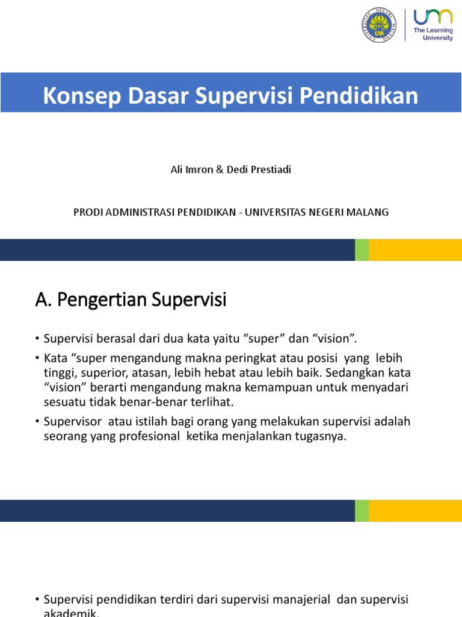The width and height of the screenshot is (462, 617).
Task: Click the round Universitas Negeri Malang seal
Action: [379, 25]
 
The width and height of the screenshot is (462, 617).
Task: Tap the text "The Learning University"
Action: [433, 33]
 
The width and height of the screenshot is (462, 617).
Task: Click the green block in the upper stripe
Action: [362, 249]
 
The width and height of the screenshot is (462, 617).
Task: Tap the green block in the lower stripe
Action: [362, 510]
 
